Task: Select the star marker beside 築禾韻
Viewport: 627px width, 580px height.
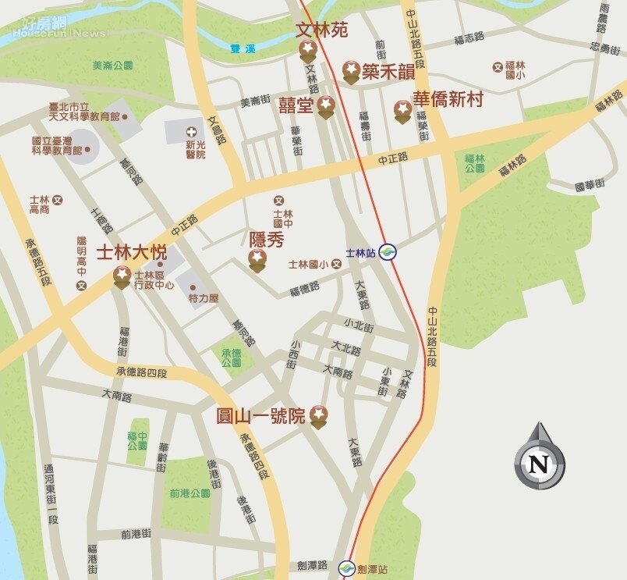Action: [x=351, y=73]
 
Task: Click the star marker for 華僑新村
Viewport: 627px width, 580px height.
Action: [x=402, y=110]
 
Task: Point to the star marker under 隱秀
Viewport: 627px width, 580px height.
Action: [x=257, y=261]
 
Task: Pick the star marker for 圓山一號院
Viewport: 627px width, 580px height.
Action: [x=318, y=416]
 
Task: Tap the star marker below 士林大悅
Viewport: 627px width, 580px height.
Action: [x=122, y=276]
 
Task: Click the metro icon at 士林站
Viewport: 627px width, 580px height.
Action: [x=388, y=252]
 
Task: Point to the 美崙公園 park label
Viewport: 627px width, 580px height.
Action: [x=112, y=66]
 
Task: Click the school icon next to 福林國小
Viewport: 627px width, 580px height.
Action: [x=497, y=67]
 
